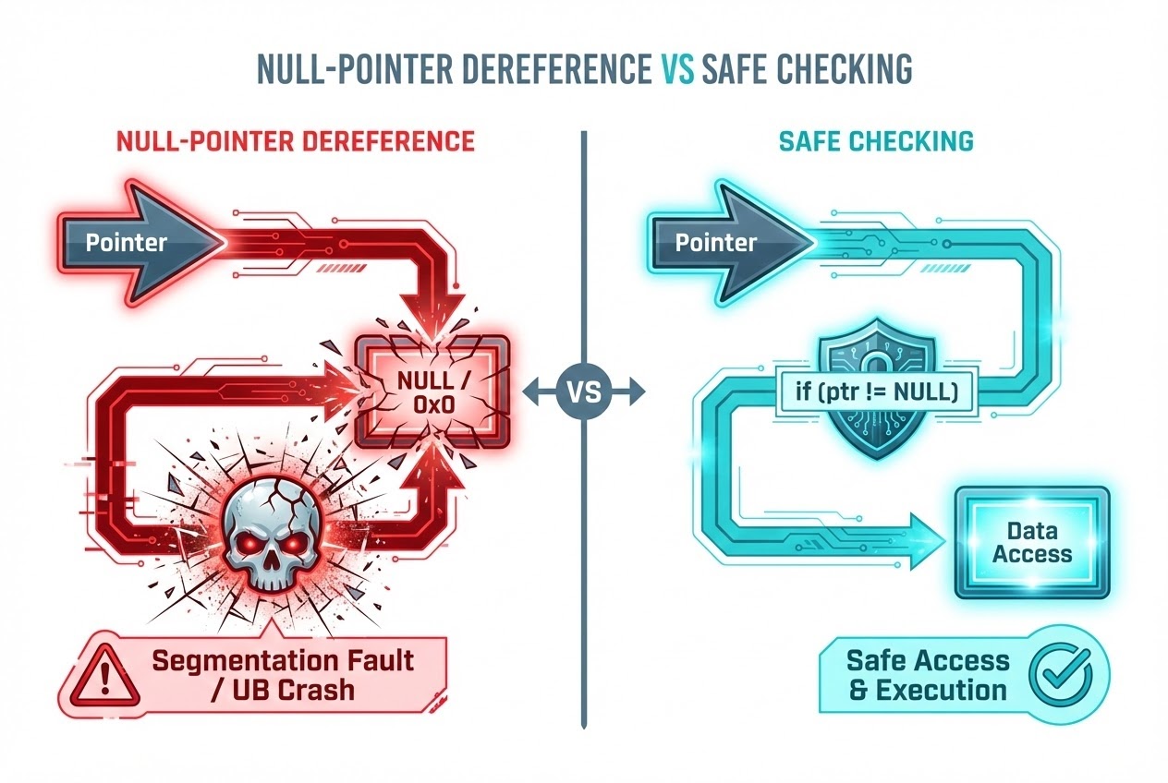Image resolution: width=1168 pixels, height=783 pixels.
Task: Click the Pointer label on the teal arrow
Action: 716,244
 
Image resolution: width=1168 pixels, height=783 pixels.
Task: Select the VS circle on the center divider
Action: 584,392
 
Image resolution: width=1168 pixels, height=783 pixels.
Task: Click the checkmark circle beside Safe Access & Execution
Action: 1062,675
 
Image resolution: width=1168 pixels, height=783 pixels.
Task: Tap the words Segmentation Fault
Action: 283,661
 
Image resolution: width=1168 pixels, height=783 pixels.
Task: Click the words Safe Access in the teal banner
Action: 927,660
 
